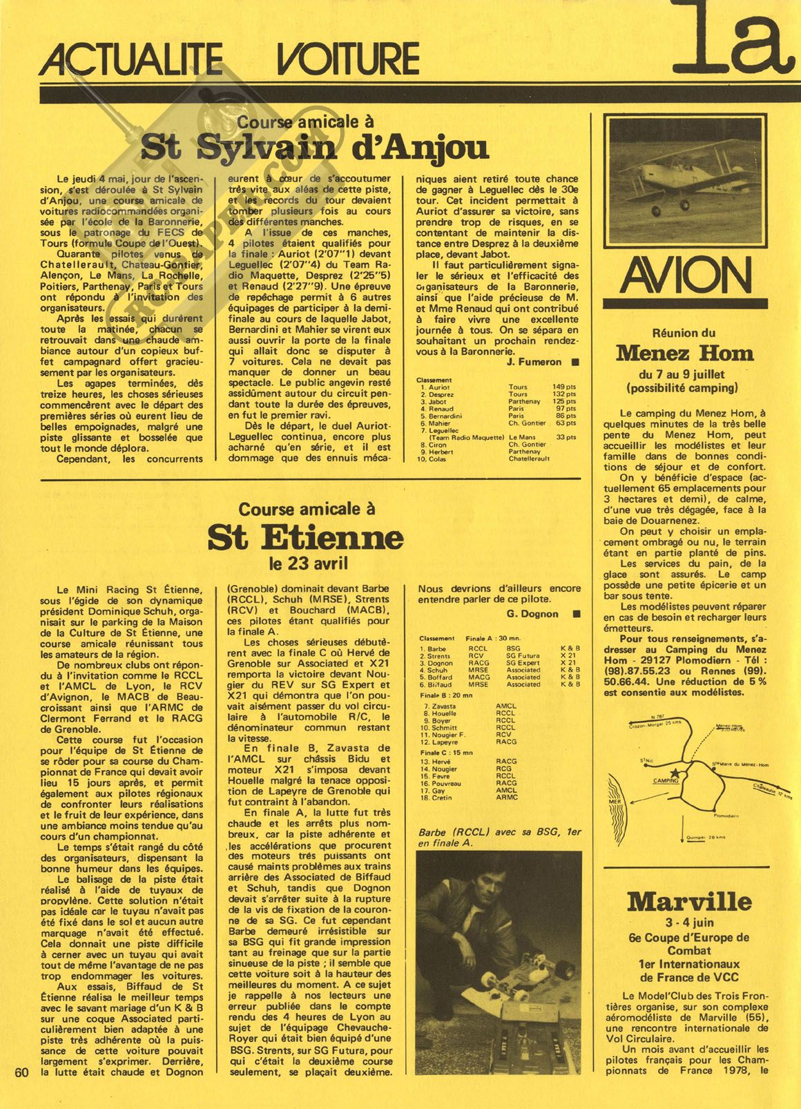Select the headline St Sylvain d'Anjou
[314, 147]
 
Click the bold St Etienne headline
[305, 537]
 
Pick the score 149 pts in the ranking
[566, 387]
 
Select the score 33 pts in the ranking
[566, 437]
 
